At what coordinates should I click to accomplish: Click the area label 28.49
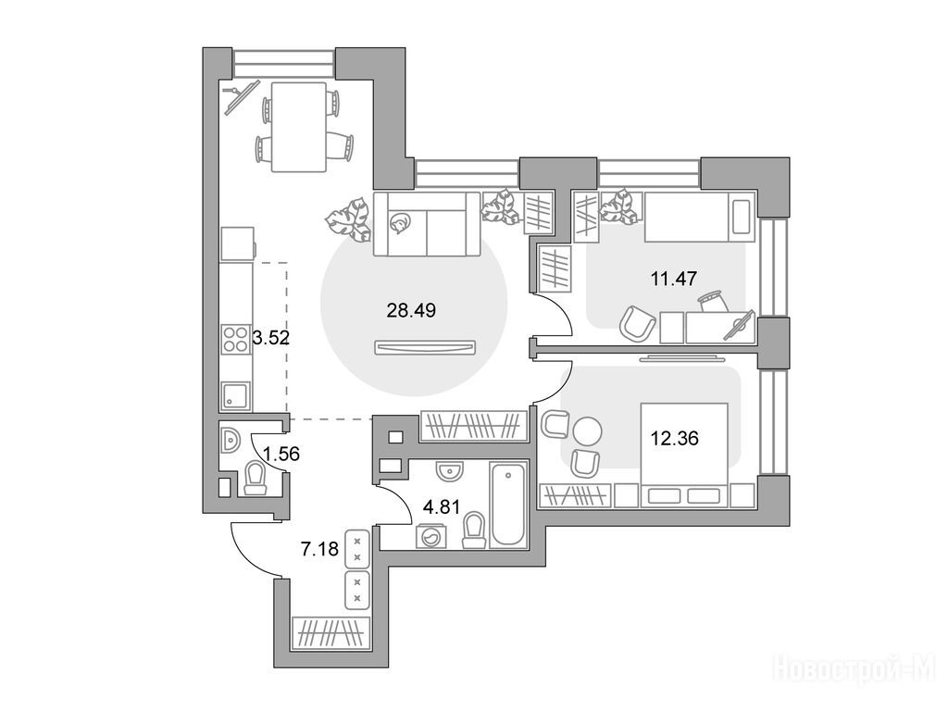(411, 311)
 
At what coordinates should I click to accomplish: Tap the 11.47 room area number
(674, 279)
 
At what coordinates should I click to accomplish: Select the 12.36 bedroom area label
(675, 438)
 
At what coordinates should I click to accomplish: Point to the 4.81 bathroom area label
(442, 506)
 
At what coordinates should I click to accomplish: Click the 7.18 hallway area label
(319, 550)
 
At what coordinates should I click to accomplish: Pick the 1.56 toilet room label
(281, 453)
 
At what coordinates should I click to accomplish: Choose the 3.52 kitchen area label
(271, 337)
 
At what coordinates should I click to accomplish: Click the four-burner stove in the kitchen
(236, 339)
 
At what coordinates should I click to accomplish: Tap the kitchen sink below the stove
(236, 395)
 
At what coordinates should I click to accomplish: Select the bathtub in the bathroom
(508, 505)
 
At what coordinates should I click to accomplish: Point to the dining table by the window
(299, 127)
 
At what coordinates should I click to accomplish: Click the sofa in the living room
(427, 224)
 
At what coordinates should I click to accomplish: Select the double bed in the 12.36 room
(684, 455)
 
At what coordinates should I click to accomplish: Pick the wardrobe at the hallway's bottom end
(331, 633)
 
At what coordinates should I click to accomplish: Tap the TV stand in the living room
(425, 348)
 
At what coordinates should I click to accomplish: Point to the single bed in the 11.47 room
(700, 217)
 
